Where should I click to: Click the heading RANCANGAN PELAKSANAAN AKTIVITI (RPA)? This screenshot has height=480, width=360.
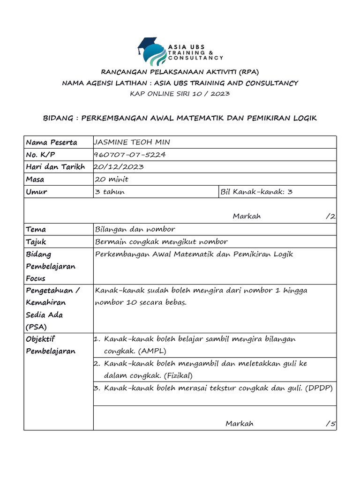point(180,72)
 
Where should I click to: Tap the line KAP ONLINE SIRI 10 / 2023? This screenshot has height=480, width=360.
point(180,94)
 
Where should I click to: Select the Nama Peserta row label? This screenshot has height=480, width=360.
point(52,142)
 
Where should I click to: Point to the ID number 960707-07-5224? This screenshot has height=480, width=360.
point(130,155)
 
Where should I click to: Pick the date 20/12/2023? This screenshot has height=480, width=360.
point(119,167)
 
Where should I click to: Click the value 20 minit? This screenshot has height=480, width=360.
point(112,179)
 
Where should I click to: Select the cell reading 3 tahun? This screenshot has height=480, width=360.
point(110,192)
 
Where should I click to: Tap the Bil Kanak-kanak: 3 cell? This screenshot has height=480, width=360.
point(257,192)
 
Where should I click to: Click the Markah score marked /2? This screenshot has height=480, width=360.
point(330,216)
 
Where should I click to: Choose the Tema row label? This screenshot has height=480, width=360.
point(36,229)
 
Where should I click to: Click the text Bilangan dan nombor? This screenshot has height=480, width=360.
point(135,229)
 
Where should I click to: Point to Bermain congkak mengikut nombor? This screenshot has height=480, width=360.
point(161,242)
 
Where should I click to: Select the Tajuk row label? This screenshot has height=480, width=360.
point(36,242)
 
